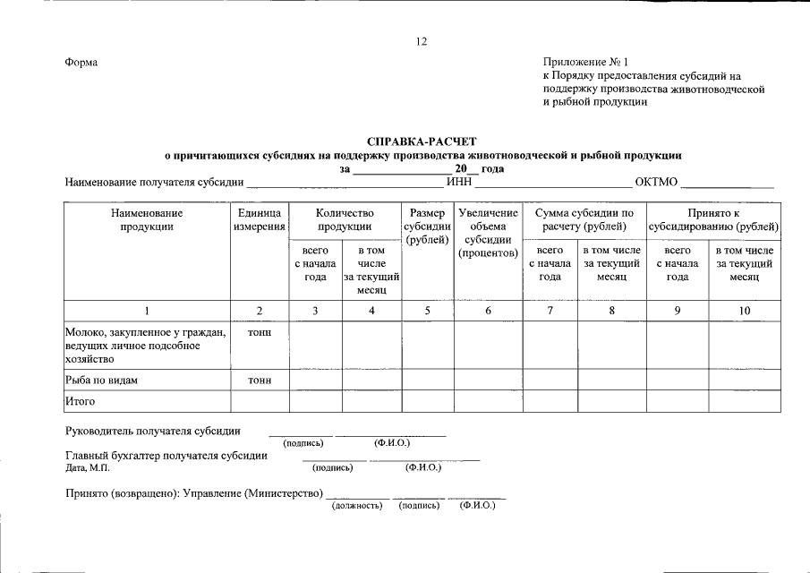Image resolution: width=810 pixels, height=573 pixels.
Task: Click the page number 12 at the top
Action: [x=422, y=41]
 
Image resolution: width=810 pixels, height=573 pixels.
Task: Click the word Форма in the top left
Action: [x=81, y=63]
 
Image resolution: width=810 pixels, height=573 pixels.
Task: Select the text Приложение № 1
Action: [x=586, y=63]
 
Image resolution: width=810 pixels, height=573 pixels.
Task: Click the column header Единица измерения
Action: [x=260, y=220]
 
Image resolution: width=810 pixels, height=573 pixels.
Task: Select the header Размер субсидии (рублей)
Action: [x=427, y=227]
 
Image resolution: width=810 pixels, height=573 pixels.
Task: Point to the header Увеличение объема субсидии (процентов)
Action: [x=488, y=233]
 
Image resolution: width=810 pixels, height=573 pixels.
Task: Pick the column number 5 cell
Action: [x=427, y=310]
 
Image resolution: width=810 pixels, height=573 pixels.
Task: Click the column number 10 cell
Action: [x=744, y=310]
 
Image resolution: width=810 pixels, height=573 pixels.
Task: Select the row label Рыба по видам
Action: [x=101, y=381]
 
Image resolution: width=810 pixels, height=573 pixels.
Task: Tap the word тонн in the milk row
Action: [x=260, y=332]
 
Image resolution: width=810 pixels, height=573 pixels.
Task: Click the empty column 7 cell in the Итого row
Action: [x=550, y=402]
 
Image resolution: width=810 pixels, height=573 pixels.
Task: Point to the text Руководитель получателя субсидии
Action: [x=153, y=431]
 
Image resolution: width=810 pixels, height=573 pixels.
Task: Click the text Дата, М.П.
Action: [x=87, y=467]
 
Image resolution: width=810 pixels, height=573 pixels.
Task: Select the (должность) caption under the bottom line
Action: [x=357, y=506]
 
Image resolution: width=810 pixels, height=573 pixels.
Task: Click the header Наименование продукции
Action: [x=147, y=220]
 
